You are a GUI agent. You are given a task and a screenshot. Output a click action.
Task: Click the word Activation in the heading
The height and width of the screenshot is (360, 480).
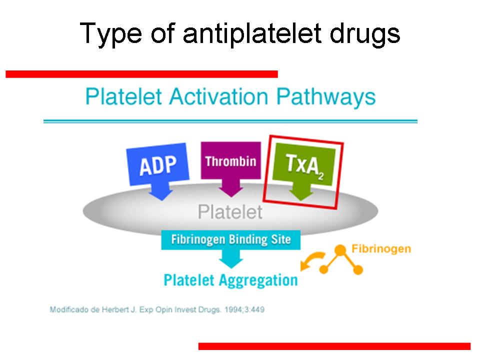[218, 96]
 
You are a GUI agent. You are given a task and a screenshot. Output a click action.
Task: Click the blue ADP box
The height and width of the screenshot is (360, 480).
[157, 164]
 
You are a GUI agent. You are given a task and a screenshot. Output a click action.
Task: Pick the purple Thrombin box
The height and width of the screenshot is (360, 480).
[231, 160]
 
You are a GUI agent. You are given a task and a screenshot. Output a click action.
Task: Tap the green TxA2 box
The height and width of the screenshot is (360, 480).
[304, 164]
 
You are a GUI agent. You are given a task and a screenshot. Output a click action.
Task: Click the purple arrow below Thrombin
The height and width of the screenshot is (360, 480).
[231, 187]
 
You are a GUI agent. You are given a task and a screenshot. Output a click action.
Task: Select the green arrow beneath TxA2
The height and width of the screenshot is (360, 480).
[301, 192]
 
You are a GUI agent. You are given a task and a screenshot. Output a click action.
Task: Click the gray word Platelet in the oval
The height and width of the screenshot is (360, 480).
[230, 212]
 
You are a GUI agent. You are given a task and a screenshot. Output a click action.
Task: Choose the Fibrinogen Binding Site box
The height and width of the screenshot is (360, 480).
[231, 239]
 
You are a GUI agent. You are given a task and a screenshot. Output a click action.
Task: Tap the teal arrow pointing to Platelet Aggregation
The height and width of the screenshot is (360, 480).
[231, 258]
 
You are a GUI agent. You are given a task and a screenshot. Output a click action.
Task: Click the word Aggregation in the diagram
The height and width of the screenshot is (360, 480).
[258, 280]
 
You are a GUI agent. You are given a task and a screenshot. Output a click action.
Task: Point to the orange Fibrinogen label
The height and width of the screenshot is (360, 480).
[381, 248]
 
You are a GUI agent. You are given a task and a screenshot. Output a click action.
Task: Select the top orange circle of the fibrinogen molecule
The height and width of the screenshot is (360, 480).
[340, 250]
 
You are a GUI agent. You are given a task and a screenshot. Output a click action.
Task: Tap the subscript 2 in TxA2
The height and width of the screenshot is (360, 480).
[320, 176]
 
